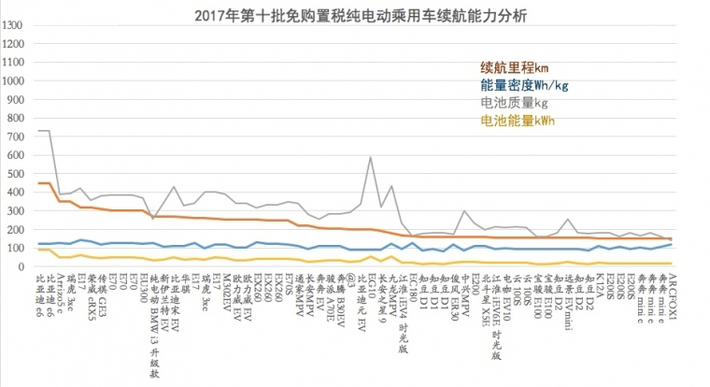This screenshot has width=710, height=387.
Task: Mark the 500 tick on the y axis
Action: click(16, 174)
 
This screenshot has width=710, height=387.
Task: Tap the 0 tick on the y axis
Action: click(22, 266)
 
